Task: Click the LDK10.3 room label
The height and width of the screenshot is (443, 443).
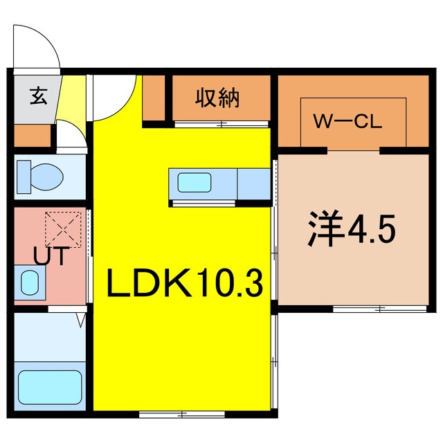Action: coord(183,283)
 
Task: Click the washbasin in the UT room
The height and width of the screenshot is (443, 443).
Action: coord(30,282)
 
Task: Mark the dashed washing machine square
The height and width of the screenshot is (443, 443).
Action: coord(63,229)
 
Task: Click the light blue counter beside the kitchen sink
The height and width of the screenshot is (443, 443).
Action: coord(253,183)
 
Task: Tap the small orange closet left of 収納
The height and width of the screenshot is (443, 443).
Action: coord(154,99)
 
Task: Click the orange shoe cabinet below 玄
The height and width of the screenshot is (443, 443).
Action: coord(32,137)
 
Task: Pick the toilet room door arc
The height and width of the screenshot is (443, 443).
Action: coord(69,135)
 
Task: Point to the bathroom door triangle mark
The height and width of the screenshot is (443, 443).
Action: coord(81,320)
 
